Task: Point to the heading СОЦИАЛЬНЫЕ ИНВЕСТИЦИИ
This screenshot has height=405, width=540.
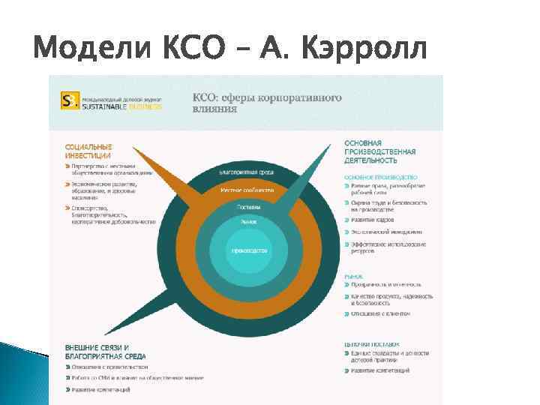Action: tap(88, 151)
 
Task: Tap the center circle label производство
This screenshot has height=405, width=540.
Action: tap(250, 250)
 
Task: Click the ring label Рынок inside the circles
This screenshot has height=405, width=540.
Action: tap(249, 222)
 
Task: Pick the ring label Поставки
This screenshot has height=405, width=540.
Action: tap(249, 206)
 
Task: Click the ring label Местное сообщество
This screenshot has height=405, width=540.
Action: tap(247, 190)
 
